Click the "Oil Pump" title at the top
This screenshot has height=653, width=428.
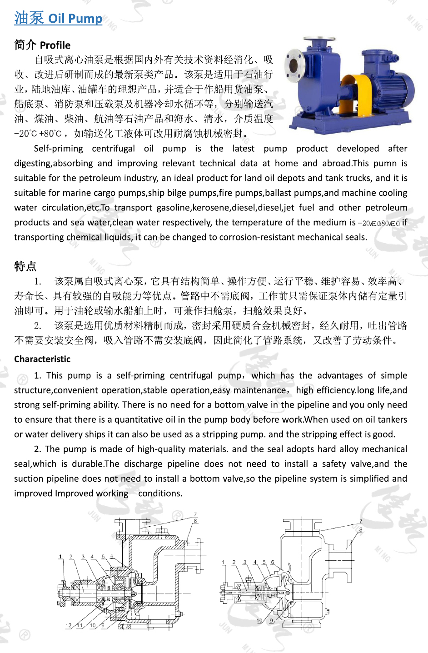point(75,19)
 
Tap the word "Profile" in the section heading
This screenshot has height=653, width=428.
point(55,45)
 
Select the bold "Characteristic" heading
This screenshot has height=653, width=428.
point(42,359)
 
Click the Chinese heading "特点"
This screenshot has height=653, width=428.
point(25,266)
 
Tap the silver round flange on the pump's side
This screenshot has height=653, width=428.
point(293,64)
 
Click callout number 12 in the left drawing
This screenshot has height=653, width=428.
point(68,625)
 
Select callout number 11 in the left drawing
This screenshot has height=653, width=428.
point(80,625)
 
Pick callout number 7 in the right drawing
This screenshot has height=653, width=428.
point(361,522)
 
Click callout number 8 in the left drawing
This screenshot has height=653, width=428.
point(195,521)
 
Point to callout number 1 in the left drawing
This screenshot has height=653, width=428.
point(60,557)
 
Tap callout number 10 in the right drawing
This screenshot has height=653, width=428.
point(259,621)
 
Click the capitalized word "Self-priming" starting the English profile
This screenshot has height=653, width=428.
point(58,149)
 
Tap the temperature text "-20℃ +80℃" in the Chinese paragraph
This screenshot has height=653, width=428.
point(38,134)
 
